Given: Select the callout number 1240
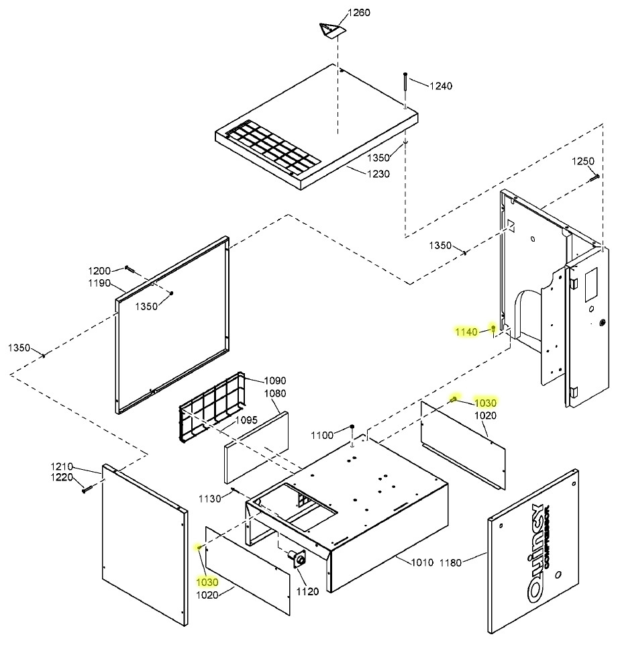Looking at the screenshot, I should coord(441,86).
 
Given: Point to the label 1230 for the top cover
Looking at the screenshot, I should coord(377,174).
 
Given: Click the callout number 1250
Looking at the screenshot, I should coord(582,161).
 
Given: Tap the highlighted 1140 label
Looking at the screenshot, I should coord(466,332).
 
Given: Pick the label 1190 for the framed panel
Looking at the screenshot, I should coord(99,283).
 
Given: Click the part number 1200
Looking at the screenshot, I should coord(99,270).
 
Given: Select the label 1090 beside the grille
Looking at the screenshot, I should coord(274,380).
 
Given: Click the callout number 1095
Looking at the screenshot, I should coord(246,420).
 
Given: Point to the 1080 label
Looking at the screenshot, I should coord(275,393).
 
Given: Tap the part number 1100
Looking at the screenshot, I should coord(321,436).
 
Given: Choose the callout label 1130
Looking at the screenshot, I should coord(210,497).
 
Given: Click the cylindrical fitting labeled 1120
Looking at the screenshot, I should coord(296,556).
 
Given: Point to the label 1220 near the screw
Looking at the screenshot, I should coord(62,477).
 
